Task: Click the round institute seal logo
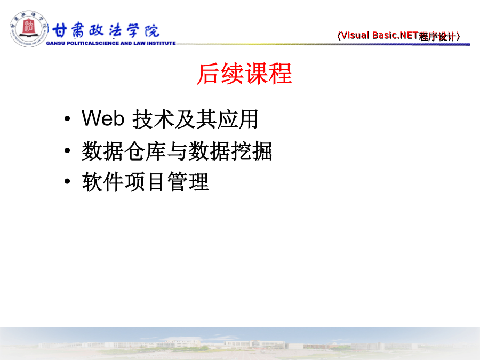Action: point(29,29)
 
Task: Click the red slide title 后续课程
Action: point(244,74)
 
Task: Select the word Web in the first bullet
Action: point(103,118)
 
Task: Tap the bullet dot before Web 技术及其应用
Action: point(67,119)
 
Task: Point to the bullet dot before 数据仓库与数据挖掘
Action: point(67,150)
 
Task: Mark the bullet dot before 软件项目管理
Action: point(67,181)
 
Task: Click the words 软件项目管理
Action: point(146,182)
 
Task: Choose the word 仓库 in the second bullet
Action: point(146,151)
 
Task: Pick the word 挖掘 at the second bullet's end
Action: point(251,151)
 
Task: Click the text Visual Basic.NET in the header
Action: point(380,36)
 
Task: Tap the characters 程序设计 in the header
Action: point(438,36)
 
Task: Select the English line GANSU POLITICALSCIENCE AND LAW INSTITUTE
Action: point(111,43)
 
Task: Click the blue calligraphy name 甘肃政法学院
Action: point(106,30)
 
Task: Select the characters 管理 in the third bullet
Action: point(188,182)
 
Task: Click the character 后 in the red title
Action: point(209,74)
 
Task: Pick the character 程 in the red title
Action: point(281,74)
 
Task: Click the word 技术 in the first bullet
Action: point(153,119)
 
